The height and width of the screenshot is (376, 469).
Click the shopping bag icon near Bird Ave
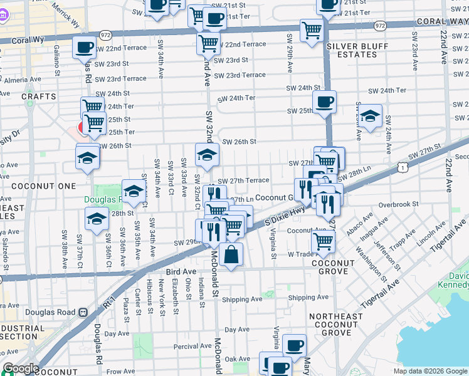[231, 254]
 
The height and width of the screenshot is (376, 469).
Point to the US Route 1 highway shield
[401, 166]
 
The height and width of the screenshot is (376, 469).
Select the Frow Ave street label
[120, 372]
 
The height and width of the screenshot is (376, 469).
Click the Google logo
[20, 368]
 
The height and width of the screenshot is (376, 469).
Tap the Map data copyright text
[430, 371]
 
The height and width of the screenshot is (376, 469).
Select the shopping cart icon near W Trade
[323, 241]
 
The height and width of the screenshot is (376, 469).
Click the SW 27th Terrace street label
[245, 180]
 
